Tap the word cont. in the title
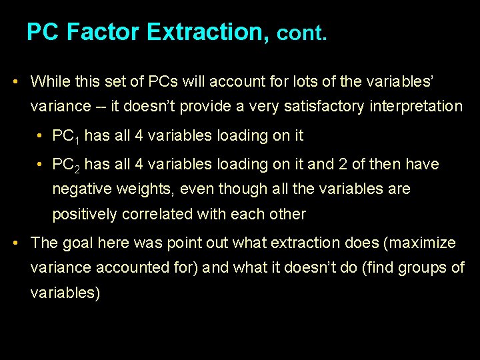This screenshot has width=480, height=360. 302,33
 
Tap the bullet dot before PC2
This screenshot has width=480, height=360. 41,164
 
